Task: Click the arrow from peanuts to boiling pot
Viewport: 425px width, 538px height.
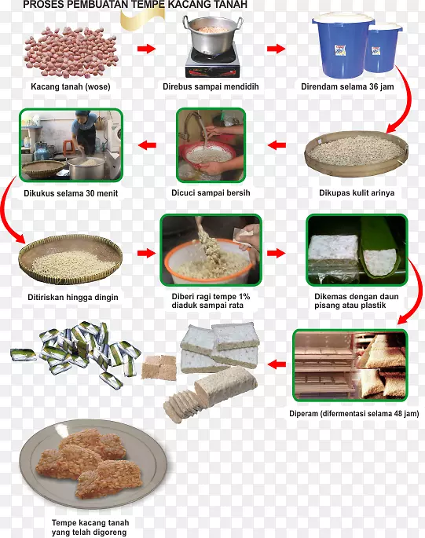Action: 146,49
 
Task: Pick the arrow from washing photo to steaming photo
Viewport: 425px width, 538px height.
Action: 147,145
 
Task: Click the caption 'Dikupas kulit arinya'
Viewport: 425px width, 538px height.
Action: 357,192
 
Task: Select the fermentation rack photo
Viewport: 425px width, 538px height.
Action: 350,364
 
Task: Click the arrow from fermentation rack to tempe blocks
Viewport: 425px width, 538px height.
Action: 276,364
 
